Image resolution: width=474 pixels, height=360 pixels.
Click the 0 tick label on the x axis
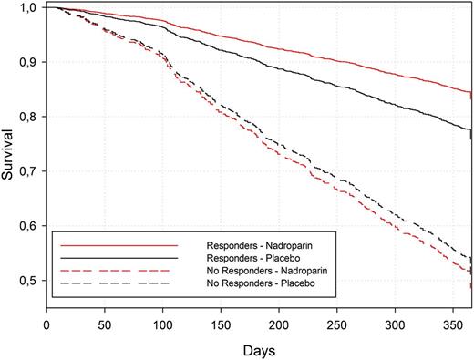46,323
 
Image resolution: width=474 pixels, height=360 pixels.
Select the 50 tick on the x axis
105,323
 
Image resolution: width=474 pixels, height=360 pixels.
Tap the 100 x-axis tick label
163,323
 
